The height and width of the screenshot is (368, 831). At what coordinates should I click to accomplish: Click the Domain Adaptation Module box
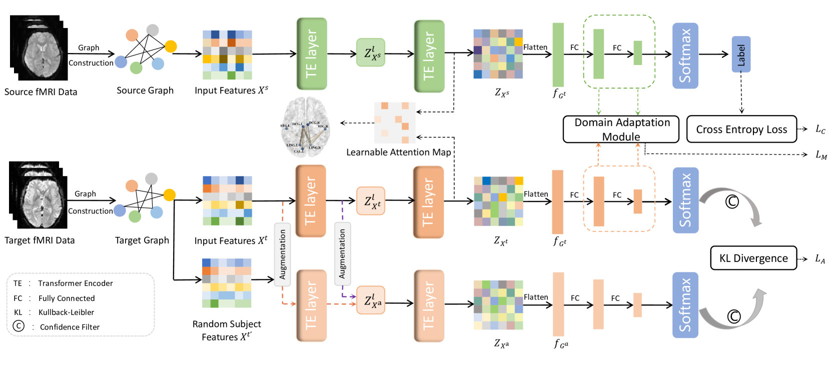click(621, 129)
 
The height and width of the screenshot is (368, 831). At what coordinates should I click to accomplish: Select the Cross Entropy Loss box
click(741, 129)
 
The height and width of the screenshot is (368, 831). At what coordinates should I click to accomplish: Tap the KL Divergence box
click(753, 258)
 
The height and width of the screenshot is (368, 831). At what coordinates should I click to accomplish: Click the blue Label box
click(741, 54)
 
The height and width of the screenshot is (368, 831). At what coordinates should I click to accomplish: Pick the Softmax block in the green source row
click(685, 55)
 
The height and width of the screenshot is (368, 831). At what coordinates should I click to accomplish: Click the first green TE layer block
click(312, 54)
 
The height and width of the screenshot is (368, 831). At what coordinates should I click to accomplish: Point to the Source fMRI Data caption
click(41, 92)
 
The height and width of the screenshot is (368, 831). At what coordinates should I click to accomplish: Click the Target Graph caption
click(142, 240)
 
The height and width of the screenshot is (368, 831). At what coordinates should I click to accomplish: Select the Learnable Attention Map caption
click(398, 152)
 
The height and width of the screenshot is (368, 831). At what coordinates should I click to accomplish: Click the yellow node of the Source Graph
click(171, 46)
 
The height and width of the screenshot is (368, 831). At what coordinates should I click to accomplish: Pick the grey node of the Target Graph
click(151, 179)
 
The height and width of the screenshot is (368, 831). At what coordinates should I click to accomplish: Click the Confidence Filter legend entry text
click(70, 327)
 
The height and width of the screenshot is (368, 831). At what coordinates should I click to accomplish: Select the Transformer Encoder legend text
click(76, 283)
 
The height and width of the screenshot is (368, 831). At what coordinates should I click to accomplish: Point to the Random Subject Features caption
click(227, 330)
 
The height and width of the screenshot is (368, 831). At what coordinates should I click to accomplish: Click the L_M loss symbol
click(821, 155)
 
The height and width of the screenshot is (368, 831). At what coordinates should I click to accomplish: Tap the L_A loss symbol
click(819, 258)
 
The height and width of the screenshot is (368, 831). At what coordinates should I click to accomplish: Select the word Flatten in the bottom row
click(536, 297)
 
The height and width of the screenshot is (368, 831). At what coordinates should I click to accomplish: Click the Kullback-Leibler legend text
click(66, 312)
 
